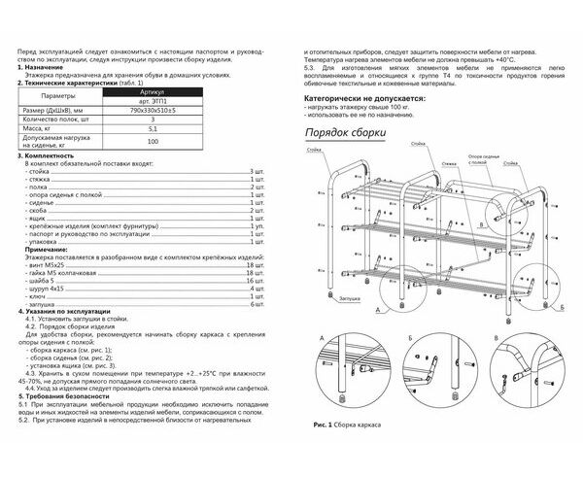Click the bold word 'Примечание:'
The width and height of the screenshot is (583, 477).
[45, 249]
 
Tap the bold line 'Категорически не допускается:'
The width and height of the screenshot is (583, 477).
[364, 99]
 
